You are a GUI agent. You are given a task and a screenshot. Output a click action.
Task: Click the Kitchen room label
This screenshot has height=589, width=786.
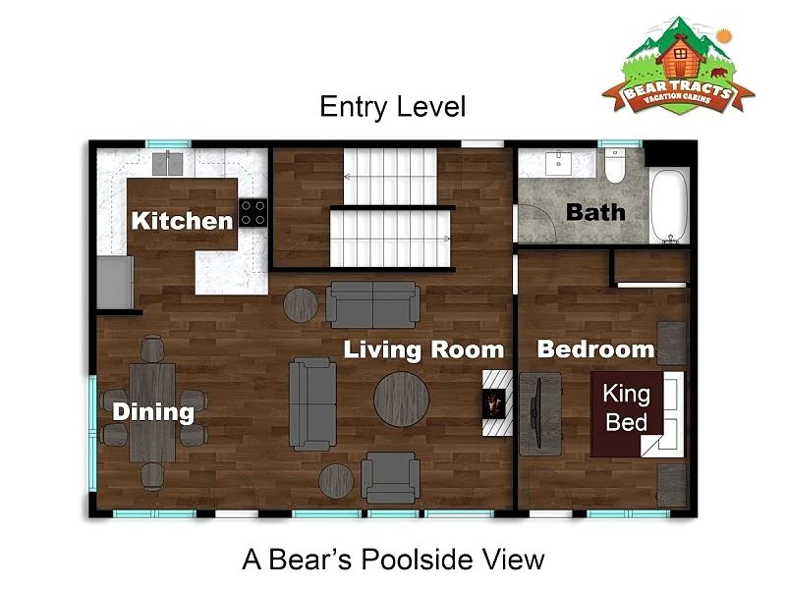pos(182,221)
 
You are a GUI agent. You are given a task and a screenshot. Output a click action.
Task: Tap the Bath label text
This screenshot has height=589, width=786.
pos(595,212)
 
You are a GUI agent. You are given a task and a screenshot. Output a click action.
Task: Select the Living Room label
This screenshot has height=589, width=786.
pos(423,349)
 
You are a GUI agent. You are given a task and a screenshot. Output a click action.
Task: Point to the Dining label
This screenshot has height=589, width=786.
pos(153,411)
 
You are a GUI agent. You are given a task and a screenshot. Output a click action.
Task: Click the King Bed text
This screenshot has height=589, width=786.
pos(627,407)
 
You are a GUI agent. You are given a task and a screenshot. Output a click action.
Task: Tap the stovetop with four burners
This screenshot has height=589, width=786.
pos(253,213)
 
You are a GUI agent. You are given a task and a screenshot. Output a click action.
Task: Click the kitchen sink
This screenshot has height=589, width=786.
pos(167,163)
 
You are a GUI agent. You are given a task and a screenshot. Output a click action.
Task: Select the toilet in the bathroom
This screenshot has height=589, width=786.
pos(615,165)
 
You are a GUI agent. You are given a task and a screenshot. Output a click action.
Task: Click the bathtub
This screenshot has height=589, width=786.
pos(669,206)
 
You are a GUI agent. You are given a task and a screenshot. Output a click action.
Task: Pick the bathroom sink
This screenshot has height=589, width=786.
pos(558,163)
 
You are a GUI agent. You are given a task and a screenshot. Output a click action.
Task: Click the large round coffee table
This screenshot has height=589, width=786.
pos(401,400)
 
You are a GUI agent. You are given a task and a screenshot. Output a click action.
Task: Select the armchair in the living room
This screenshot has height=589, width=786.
pos(390,478)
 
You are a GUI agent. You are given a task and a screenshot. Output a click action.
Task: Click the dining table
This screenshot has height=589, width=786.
pos(152,412)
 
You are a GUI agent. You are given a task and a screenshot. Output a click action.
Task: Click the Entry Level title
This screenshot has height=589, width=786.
pos(393,107)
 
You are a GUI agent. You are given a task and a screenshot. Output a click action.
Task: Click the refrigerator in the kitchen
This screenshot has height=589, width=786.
pos(115,283)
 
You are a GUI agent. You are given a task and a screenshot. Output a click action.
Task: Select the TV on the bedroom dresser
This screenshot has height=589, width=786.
pos(538,413)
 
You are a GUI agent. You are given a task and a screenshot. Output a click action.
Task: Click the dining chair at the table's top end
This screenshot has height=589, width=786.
pos(152,348)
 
